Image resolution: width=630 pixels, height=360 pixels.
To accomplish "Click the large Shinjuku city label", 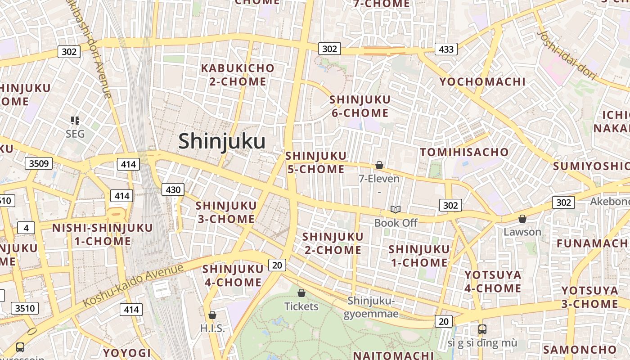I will (x=222, y=141).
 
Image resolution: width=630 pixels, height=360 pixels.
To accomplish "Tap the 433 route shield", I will (x=446, y=49).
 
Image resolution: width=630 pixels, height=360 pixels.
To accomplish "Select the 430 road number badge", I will (x=173, y=189).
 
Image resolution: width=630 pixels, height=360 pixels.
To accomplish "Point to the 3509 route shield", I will (x=38, y=163).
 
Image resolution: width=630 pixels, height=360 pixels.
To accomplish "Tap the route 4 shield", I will (x=26, y=228).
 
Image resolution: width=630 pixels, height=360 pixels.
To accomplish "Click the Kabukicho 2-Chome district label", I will (x=238, y=75).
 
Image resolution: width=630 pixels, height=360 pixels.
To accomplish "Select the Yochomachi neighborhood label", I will (x=482, y=81).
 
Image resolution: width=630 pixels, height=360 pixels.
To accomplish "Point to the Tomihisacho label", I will (x=464, y=152).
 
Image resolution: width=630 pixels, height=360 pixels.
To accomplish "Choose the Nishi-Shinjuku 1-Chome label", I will (x=103, y=234).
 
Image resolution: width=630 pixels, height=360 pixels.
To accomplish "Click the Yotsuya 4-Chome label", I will (x=493, y=281).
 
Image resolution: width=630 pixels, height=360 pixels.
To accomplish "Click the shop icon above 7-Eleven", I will (x=379, y=166).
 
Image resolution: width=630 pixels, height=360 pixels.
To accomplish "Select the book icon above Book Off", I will (x=396, y=209).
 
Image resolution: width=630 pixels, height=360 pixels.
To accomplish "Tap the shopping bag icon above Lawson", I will (x=522, y=219).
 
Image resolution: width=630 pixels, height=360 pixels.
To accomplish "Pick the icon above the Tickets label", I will (x=301, y=293).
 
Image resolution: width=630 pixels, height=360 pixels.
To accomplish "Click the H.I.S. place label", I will (x=212, y=328).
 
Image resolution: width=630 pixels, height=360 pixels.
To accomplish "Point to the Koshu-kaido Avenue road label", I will (x=134, y=285).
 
